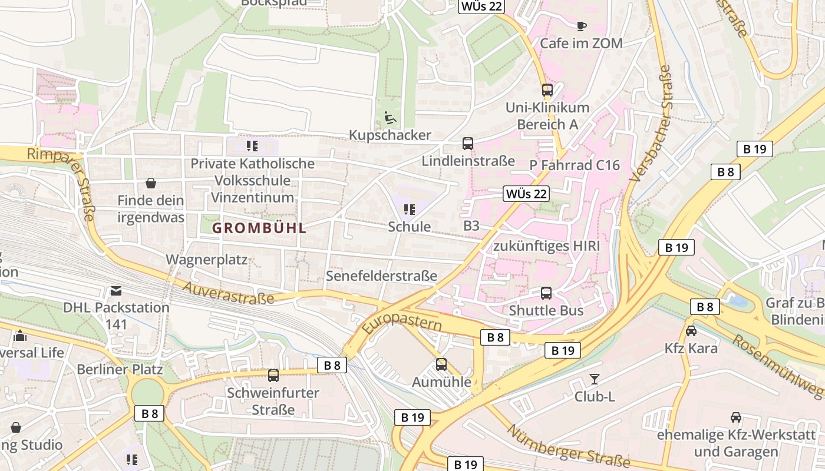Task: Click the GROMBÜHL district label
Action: click(259, 228)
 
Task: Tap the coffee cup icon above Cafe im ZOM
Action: click(581, 26)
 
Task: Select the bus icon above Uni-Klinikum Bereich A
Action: click(547, 90)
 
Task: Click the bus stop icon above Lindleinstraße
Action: click(467, 144)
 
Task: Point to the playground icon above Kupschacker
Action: click(390, 118)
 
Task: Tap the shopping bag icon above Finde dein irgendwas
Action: click(151, 183)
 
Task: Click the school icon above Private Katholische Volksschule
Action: click(252, 145)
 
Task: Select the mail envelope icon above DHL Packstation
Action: click(115, 290)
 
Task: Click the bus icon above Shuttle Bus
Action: click(546, 293)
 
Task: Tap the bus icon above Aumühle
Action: click(441, 364)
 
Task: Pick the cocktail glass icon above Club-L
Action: click(594, 379)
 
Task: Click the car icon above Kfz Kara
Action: click(691, 331)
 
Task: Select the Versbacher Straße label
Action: click(651, 124)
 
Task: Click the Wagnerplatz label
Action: click(206, 260)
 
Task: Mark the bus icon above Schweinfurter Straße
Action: click(273, 375)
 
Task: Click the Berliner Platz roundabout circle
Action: click(147, 392)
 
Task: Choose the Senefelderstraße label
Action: click(381, 276)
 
